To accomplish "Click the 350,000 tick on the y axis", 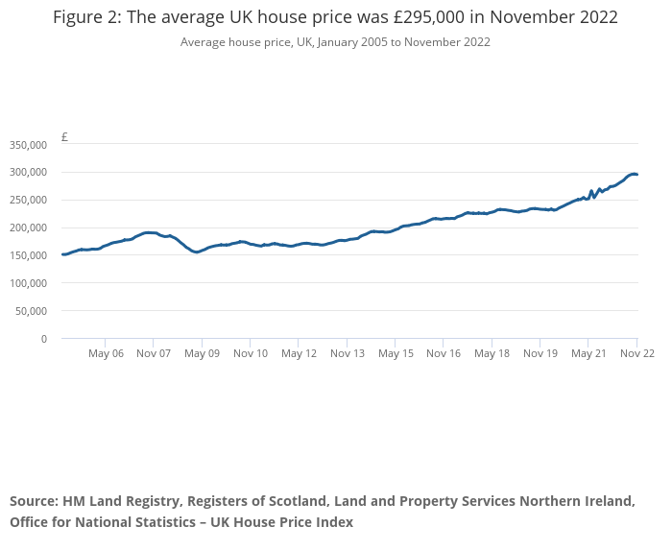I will pyautogui.click(x=28, y=145).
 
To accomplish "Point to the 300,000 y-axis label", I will pyautogui.click(x=28, y=173).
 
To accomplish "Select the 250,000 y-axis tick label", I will pyautogui.click(x=28, y=201).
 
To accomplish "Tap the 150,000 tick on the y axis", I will pyautogui.click(x=28, y=255).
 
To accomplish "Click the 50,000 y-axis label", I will pyautogui.click(x=31, y=311).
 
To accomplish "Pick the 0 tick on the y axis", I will pyautogui.click(x=44, y=339).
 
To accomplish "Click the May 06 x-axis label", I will pyautogui.click(x=106, y=353).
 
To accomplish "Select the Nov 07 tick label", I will pyautogui.click(x=154, y=353).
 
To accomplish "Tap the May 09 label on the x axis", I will pyautogui.click(x=202, y=353).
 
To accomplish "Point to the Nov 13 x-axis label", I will pyautogui.click(x=348, y=353).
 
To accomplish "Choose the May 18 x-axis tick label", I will pyautogui.click(x=492, y=353).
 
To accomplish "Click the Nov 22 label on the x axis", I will pyautogui.click(x=636, y=353).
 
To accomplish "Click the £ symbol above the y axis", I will pyautogui.click(x=64, y=137).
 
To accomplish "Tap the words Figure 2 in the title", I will pyautogui.click(x=84, y=18).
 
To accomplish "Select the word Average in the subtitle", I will pyautogui.click(x=202, y=42).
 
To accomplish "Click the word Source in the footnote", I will pyautogui.click(x=33, y=501).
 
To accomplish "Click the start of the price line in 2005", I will pyautogui.click(x=62, y=254).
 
